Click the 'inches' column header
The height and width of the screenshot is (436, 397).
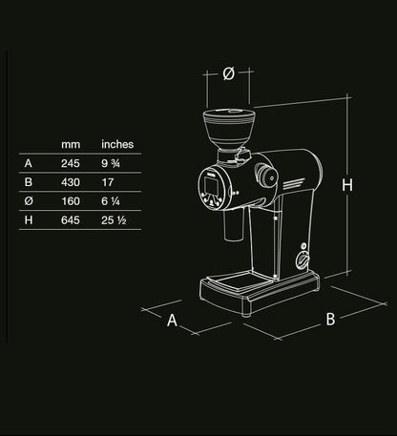[117, 144]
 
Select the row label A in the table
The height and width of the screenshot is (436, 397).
[28, 162]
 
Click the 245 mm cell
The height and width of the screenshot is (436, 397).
[71, 162]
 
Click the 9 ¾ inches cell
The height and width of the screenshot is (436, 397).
[111, 162]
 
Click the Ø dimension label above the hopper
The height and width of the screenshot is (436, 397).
[229, 73]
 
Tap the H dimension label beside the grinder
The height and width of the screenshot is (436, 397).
[348, 186]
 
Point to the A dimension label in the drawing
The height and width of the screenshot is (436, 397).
[173, 322]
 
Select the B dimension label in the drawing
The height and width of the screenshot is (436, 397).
[330, 320]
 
